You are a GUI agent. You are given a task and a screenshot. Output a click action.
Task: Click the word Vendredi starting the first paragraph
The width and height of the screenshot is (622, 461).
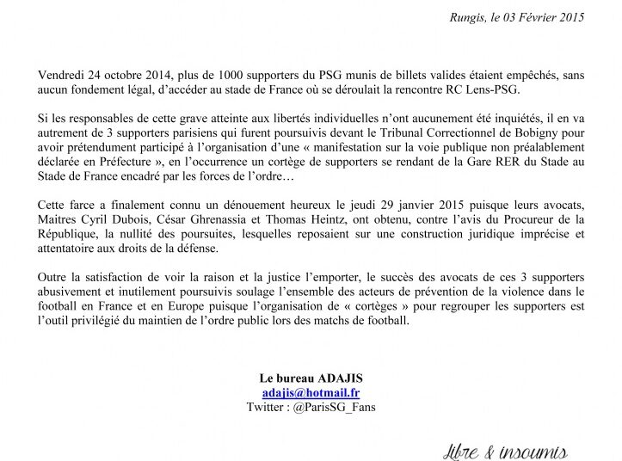point(61,76)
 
